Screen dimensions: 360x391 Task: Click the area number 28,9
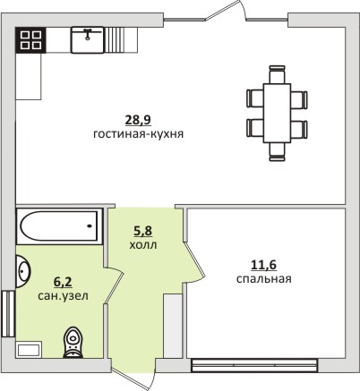pyautogui.click(x=138, y=120)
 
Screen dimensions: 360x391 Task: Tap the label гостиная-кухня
pyautogui.click(x=139, y=134)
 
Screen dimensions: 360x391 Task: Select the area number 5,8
pyautogui.click(x=142, y=231)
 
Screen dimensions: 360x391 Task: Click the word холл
pyautogui.click(x=143, y=245)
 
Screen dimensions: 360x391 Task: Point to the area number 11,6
pyautogui.click(x=264, y=265)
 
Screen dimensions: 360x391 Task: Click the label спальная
pyautogui.click(x=264, y=279)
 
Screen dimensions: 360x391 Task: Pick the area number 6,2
pyautogui.click(x=63, y=282)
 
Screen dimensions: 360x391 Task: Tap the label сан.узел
pyautogui.click(x=63, y=296)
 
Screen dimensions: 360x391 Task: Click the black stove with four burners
pyautogui.click(x=30, y=40)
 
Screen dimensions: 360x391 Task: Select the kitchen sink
pyautogui.click(x=88, y=40)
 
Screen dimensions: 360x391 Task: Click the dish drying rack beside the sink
pyautogui.click(x=114, y=40)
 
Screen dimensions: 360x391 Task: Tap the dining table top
pyautogui.click(x=277, y=113)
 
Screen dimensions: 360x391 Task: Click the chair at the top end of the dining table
pyautogui.click(x=277, y=74)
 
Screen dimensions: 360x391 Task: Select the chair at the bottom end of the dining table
pyautogui.click(x=277, y=152)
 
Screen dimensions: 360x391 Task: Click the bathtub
pyautogui.click(x=60, y=225)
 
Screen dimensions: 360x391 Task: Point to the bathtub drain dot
pyautogui.click(x=90, y=225)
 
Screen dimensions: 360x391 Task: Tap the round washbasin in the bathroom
pyautogui.click(x=23, y=271)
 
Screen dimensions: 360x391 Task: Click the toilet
pyautogui.click(x=73, y=343)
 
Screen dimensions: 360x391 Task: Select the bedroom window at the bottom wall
pyautogui.click(x=253, y=366)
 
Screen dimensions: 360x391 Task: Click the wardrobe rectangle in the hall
pyautogui.click(x=173, y=326)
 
